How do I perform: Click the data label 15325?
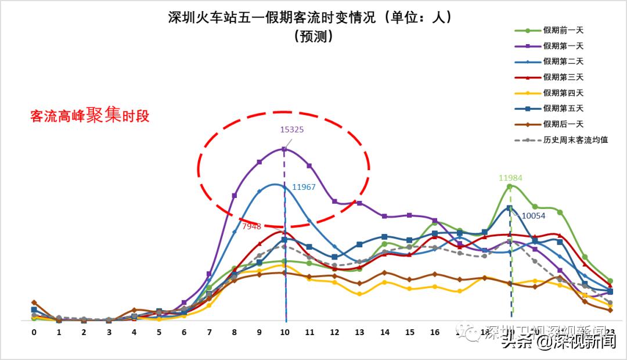coord(291,129)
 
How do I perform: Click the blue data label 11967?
coord(304,187)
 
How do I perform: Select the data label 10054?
coord(532,215)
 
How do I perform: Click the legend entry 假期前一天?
coord(563,30)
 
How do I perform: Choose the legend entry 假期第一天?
coord(563,46)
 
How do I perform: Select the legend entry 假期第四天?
coord(563,93)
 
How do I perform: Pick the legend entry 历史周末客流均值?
coord(575,140)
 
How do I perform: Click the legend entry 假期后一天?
coord(563,124)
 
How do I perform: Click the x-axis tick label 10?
coord(284,332)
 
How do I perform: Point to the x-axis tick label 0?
coord(34,332)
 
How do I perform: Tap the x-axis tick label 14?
coord(384,332)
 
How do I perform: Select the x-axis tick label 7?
coord(209,332)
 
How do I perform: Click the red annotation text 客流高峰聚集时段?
coord(90,116)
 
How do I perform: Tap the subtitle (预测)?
coord(313,37)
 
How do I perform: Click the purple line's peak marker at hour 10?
coord(284,149)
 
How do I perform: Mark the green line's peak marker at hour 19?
coord(510,186)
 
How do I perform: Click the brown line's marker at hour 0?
coord(34,303)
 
